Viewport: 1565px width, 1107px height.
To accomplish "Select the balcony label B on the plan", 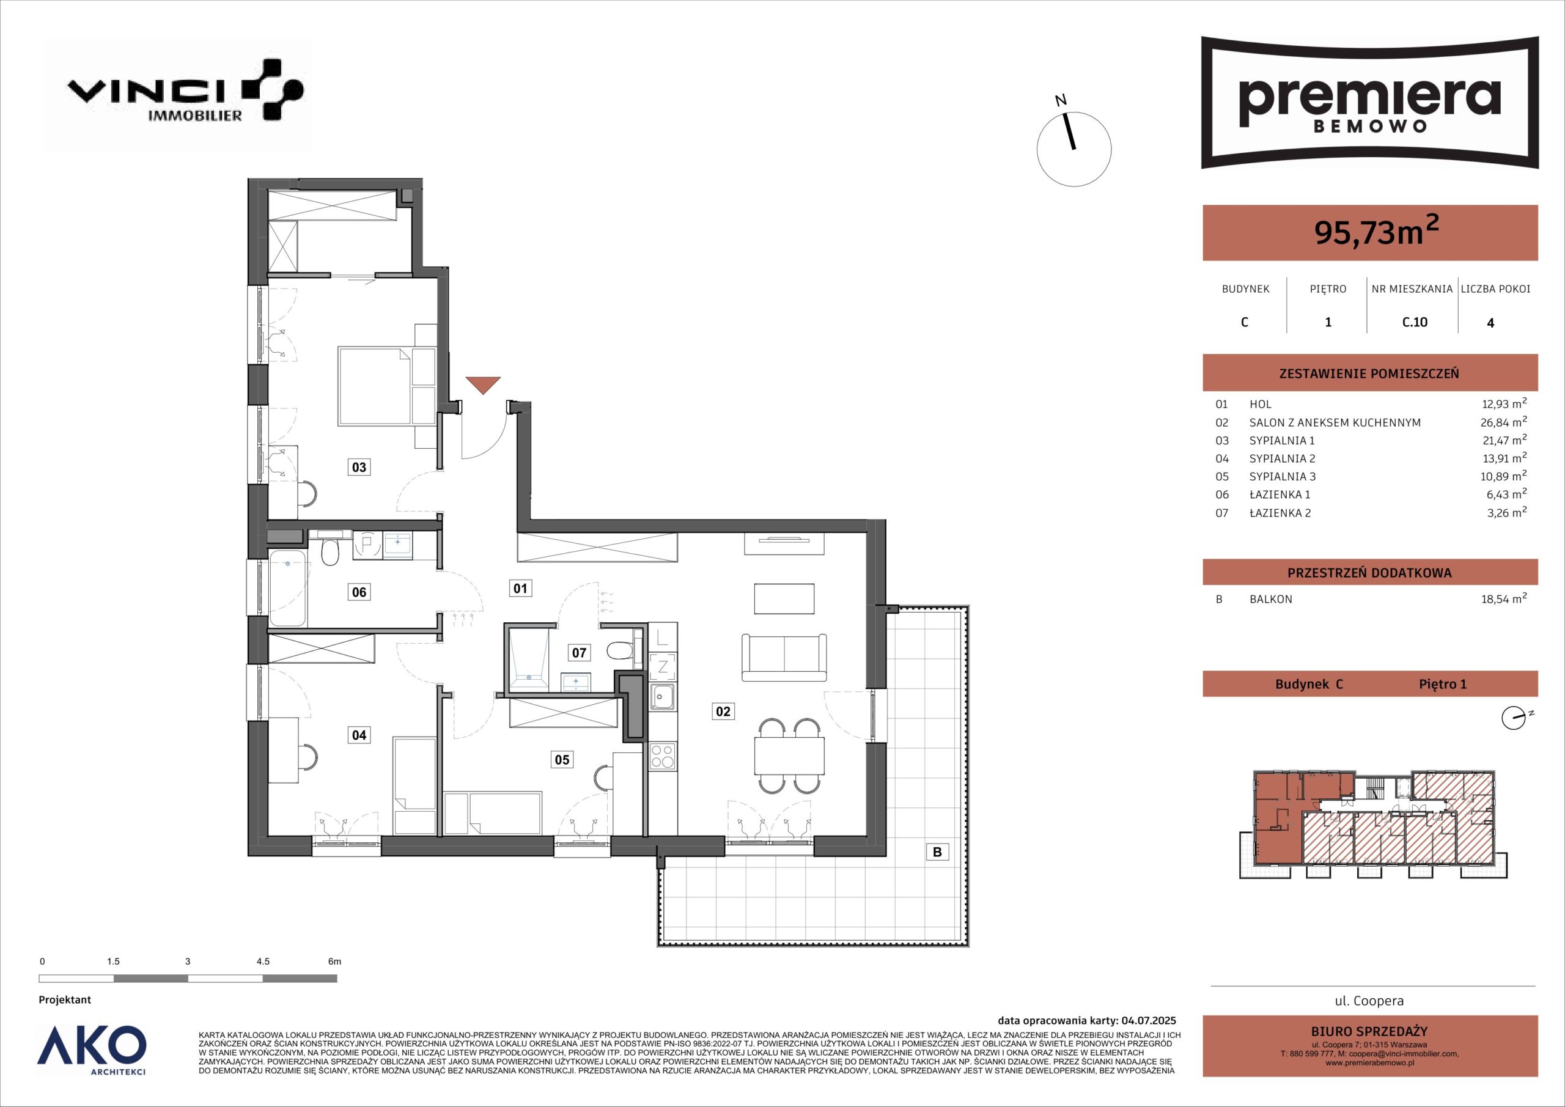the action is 937,851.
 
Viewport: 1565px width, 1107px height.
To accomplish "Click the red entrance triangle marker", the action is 484,385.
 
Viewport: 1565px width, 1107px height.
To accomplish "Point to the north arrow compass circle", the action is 1073,149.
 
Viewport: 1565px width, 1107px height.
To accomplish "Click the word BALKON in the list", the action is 1270,599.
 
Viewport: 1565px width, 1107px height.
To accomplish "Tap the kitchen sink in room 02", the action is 663,696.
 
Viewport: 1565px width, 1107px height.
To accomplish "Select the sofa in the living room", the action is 784,657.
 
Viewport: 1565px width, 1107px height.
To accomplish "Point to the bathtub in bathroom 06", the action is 288,588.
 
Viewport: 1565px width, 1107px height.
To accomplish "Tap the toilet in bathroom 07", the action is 621,652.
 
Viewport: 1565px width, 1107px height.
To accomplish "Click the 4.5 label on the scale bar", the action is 262,962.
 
